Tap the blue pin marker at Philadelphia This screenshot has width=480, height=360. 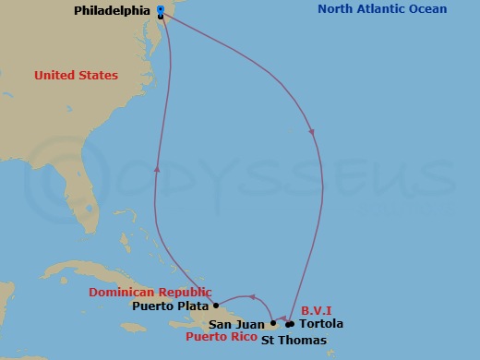click(161, 9)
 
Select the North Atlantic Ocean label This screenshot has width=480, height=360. click(382, 9)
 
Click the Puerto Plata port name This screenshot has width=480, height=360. click(171, 306)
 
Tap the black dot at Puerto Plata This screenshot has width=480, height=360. click(216, 306)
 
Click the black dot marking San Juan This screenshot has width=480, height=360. click(273, 324)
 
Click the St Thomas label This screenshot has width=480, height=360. click(294, 341)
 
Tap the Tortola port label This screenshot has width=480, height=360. click(321, 324)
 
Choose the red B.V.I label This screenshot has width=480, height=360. click(317, 310)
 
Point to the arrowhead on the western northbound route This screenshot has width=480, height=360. click(157, 168)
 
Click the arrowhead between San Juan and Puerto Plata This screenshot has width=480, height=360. click(251, 296)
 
